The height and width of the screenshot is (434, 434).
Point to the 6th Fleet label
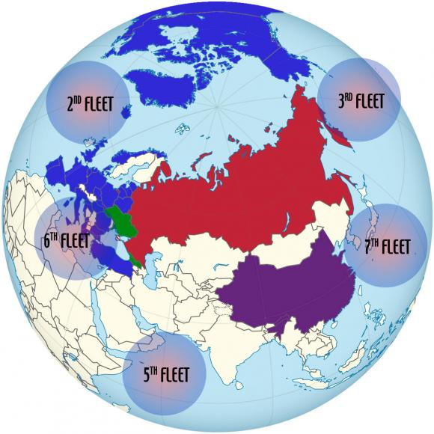(x=66, y=242)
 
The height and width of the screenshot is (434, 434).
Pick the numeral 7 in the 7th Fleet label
(x=367, y=245)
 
